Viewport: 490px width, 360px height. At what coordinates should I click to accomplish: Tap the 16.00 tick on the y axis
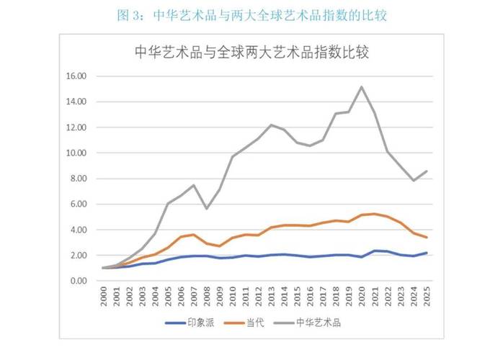coord(76,76)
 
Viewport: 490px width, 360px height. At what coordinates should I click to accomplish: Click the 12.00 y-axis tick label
coord(76,127)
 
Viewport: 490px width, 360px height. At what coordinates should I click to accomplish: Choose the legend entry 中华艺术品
coord(318,323)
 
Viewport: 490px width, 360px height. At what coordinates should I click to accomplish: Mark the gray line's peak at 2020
coord(361,87)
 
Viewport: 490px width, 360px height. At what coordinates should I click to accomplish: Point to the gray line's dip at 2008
coord(208,209)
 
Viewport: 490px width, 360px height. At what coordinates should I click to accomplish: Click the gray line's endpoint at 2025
coord(426,171)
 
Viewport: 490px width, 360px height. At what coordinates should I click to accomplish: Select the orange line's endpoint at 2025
coord(426,238)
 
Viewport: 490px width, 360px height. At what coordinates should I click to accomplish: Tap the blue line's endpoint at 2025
coord(426,253)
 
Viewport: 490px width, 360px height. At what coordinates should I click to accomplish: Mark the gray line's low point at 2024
coord(413,181)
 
